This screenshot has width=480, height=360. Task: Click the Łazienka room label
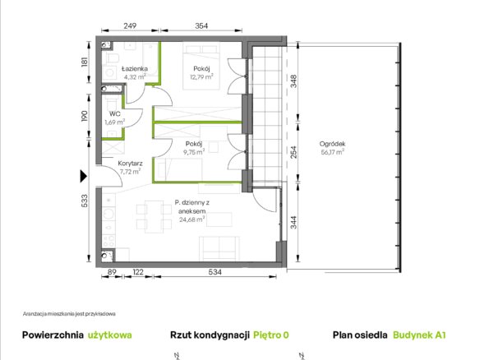pos(135,68)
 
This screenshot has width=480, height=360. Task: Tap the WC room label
pos(115,114)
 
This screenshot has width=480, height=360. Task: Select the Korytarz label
pos(130,164)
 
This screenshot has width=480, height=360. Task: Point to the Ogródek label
pos(332,144)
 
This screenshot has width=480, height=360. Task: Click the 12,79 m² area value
pos(201,76)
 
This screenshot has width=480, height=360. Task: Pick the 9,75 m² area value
pos(194,152)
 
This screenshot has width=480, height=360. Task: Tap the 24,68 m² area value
pos(192,219)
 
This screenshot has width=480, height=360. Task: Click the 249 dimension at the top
pos(130,25)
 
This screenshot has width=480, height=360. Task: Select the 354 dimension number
pos(201,25)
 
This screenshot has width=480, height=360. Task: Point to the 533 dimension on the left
pos(85,201)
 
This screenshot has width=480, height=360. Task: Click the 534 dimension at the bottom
pos(215,272)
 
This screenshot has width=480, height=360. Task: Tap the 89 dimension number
pos(112,272)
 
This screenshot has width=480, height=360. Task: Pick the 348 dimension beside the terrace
pos(293,81)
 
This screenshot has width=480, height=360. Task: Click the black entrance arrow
pos(83,177)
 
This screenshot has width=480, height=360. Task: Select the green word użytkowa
pos(110,335)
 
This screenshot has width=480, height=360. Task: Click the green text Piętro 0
pos(271,335)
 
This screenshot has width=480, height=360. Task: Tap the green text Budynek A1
pos(419,335)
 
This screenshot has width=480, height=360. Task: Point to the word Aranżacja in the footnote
pos(31,314)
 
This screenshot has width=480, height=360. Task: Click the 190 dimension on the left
pos(85,116)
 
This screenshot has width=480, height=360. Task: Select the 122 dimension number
pos(138,272)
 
